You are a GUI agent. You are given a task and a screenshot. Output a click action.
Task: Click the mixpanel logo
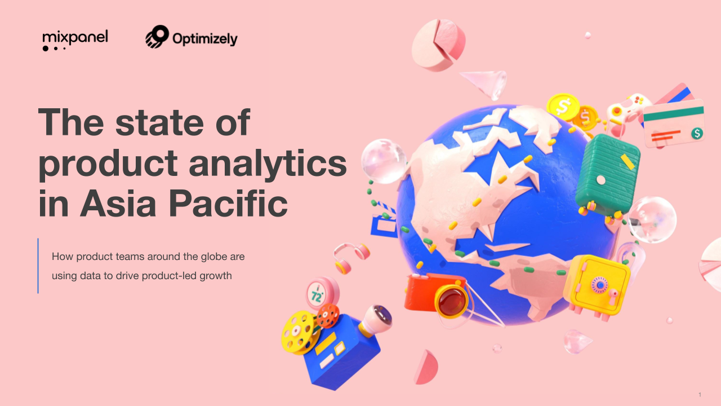[75, 39]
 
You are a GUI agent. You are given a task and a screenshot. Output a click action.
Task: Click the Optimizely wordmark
[204, 39]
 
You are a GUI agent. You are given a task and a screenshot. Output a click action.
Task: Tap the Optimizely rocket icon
[157, 37]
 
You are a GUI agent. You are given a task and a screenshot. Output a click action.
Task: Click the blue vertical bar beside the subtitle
[38, 266]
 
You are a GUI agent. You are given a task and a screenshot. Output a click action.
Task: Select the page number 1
[700, 394]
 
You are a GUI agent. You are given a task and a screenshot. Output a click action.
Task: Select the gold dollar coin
[561, 105]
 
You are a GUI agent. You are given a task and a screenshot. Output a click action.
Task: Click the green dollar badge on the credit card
[697, 133]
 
